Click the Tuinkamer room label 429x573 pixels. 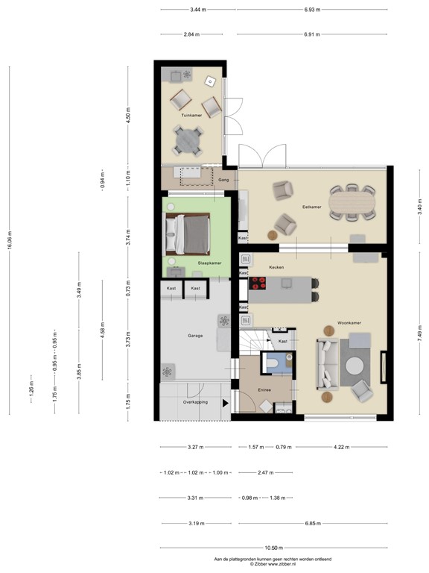coord(192,116)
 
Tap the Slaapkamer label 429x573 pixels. coord(209,263)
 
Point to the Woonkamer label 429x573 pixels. coord(349,323)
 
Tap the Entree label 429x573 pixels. coord(264,390)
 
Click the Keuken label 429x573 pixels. coord(277,266)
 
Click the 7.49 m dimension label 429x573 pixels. coord(419,333)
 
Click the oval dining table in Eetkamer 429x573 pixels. coord(353,203)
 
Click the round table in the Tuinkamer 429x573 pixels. coord(188,140)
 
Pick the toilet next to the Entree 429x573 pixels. coord(275,363)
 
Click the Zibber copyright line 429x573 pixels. coord(272,563)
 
